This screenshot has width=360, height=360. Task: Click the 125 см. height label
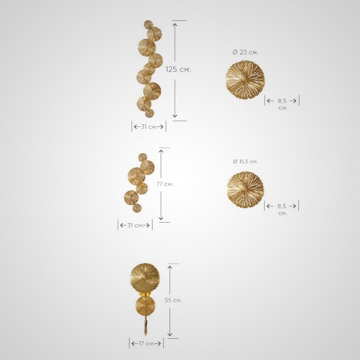coord(178,69)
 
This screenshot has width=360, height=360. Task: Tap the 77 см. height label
coord(165,184)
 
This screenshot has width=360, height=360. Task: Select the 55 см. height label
coord(173,300)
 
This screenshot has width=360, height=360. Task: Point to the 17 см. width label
coord(146,344)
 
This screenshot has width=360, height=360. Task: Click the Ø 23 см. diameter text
coord(245,53)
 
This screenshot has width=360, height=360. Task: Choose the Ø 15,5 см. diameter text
coord(245,162)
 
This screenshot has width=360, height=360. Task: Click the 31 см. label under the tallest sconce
coord(149,127)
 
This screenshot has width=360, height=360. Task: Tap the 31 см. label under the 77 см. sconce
coord(135,225)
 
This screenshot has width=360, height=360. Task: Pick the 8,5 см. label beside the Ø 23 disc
coord(283,104)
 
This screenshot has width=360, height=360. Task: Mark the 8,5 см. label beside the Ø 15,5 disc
coord(282,209)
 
